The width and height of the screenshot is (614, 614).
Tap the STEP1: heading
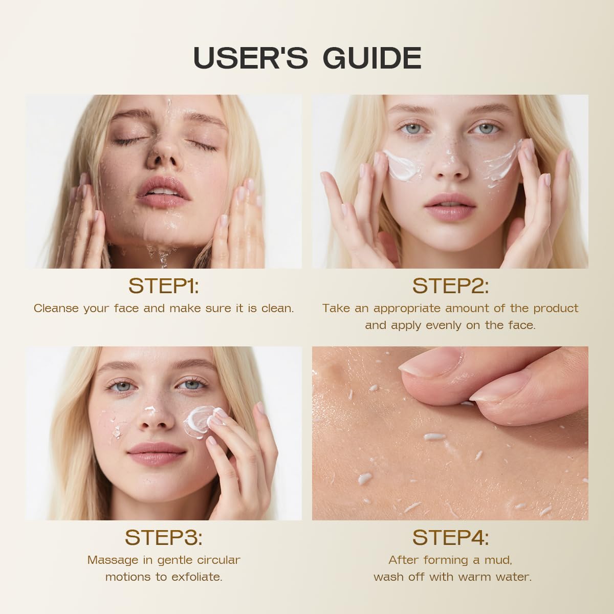click(x=164, y=286)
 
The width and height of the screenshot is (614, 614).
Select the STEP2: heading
click(x=450, y=286)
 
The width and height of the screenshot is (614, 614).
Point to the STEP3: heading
click(x=164, y=537)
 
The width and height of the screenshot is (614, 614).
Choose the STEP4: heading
click(x=450, y=537)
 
